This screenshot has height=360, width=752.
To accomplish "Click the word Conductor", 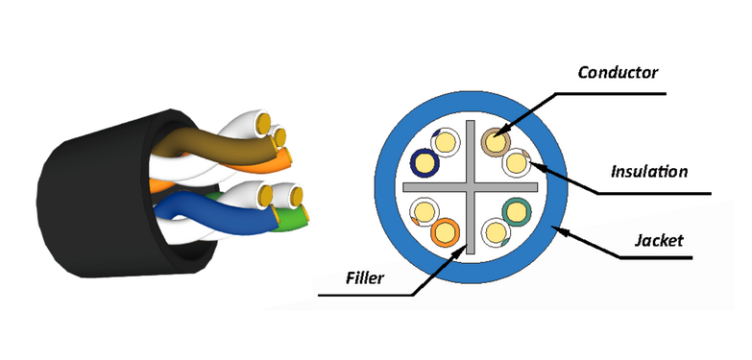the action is tap(618, 73).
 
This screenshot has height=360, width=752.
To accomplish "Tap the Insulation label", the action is tap(649, 171).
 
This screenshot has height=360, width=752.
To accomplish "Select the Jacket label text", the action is tap(659, 240).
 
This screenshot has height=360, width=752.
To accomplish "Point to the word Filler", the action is tap(366, 277).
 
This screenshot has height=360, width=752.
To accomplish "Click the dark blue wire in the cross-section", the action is tap(425, 162).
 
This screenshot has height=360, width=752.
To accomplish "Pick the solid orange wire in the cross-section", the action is tap(446, 232).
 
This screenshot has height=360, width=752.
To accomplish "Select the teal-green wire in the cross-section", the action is tap(517, 212).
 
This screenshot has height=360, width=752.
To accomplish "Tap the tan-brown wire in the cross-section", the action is tap(496, 142).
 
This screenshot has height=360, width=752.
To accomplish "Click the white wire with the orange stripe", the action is tap(425, 212).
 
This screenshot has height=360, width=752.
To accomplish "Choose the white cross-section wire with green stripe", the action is tap(496, 232).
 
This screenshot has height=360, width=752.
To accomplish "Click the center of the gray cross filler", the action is tap(470, 187).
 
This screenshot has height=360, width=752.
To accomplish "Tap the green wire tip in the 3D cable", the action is tap(292, 218).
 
